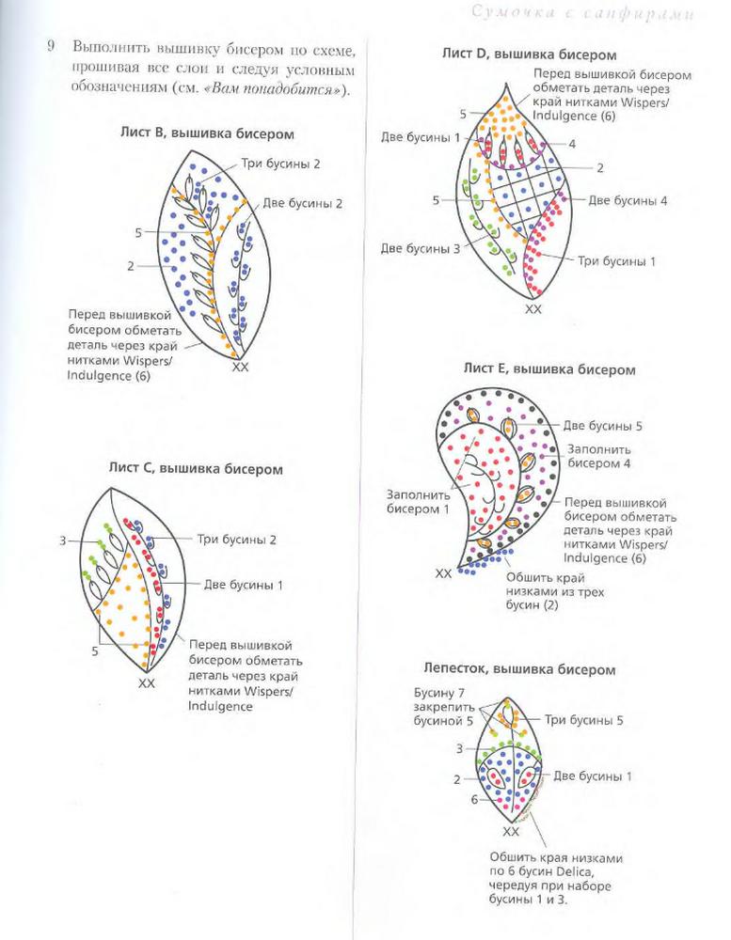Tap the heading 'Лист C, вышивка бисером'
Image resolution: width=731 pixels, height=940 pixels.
coord(195,467)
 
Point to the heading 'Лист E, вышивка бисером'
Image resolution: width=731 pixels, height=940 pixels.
coord(548,369)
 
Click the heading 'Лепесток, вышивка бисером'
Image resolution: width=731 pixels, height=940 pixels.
coord(531,670)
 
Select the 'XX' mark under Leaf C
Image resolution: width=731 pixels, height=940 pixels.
coord(146,683)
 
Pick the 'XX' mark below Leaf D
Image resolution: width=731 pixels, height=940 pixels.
coord(532,308)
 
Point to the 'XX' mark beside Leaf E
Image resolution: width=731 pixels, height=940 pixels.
coord(443,572)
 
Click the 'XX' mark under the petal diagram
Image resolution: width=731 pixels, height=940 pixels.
coord(511,832)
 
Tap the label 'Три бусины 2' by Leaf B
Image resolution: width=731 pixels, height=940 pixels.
coord(280,163)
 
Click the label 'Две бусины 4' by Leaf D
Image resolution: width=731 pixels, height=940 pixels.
coord(628,200)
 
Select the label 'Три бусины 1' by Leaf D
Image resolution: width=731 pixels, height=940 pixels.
coord(617,260)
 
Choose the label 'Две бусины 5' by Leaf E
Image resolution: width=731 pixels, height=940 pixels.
coord(603,425)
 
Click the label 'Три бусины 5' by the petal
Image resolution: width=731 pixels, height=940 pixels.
coord(584,720)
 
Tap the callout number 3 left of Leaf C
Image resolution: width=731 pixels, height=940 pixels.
coord(62,540)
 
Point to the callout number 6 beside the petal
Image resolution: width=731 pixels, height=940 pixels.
coord(474,799)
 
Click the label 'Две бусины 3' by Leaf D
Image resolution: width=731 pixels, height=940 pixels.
coord(421,248)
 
